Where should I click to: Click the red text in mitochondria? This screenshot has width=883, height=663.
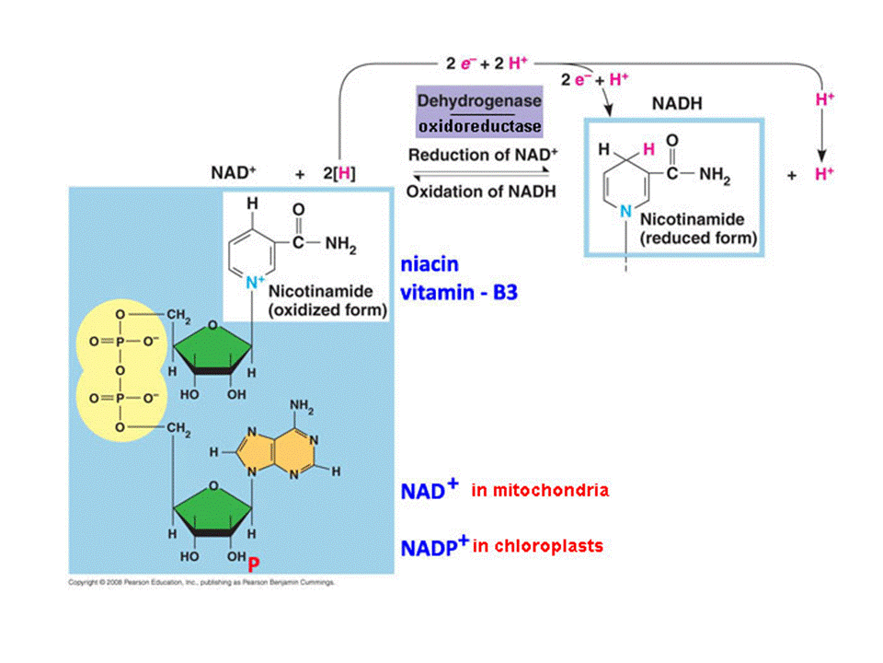click(540, 491)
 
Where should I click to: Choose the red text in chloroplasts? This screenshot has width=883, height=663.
click(538, 546)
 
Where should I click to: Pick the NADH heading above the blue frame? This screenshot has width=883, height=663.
click(678, 104)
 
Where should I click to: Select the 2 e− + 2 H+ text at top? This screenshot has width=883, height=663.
click(487, 64)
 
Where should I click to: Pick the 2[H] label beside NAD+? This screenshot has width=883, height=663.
click(339, 173)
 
